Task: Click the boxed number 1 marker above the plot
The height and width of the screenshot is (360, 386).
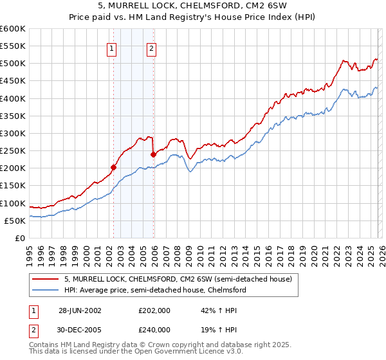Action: coord(112,48)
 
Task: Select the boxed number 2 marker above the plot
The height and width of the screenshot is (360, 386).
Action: coord(151,48)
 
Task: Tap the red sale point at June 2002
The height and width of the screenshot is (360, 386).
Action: coord(114,167)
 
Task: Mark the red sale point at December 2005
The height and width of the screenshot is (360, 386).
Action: coord(154,154)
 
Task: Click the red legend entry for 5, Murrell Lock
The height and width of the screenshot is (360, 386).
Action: coord(178,279)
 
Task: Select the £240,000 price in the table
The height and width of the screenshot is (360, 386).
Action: coord(154,329)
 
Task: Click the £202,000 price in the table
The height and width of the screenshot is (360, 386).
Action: coord(154,309)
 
